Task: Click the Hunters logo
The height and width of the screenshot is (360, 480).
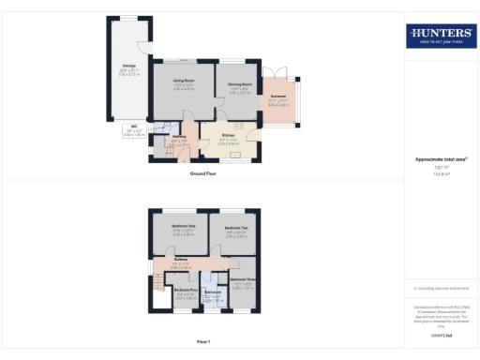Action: [x=439, y=36]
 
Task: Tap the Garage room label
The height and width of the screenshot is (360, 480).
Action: [x=127, y=67]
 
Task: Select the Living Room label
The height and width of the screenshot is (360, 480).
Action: [x=182, y=82]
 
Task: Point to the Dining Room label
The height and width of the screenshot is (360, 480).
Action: [x=236, y=85]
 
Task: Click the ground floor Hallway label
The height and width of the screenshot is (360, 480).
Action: [x=180, y=139]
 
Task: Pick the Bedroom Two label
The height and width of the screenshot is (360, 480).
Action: [x=235, y=228]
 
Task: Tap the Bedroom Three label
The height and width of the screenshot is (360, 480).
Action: [x=243, y=279]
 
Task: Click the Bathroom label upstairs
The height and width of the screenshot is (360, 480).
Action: [x=212, y=292]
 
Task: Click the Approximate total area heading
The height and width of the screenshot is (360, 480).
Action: [x=440, y=158]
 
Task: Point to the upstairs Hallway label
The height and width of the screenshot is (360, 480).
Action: [x=180, y=259]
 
